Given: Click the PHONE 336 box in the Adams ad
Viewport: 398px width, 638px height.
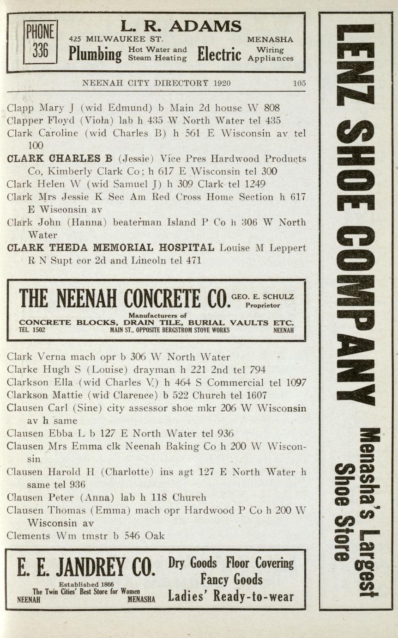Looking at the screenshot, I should (41, 42).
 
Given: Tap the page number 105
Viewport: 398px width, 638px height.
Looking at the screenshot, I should (299, 84).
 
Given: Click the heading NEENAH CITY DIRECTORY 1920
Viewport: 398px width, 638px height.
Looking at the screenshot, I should (156, 84).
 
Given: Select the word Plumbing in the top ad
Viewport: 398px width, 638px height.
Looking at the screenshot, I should (95, 55).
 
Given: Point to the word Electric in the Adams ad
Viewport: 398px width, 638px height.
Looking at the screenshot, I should (219, 55).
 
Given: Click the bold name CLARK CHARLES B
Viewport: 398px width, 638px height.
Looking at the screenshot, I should (60, 159).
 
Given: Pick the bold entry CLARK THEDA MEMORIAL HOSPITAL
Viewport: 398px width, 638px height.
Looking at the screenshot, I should (111, 248).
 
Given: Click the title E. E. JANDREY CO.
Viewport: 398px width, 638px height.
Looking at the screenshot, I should (86, 567).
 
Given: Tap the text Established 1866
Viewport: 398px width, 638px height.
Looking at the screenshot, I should (86, 584).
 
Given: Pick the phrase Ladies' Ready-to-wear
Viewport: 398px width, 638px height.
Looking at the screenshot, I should (231, 596).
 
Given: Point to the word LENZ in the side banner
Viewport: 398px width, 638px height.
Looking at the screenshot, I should (356, 65).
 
